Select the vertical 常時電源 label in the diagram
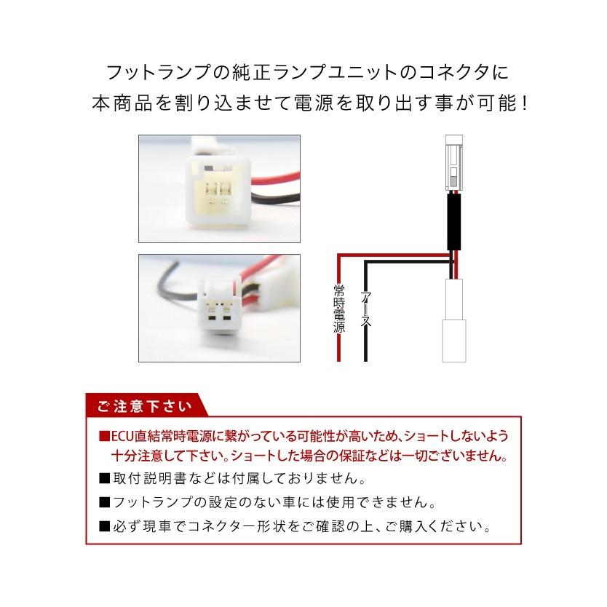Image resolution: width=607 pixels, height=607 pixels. click(x=338, y=307)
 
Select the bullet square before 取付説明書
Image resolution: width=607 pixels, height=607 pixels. click(x=105, y=480)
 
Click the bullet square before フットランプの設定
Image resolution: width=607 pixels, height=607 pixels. click(x=105, y=502)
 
